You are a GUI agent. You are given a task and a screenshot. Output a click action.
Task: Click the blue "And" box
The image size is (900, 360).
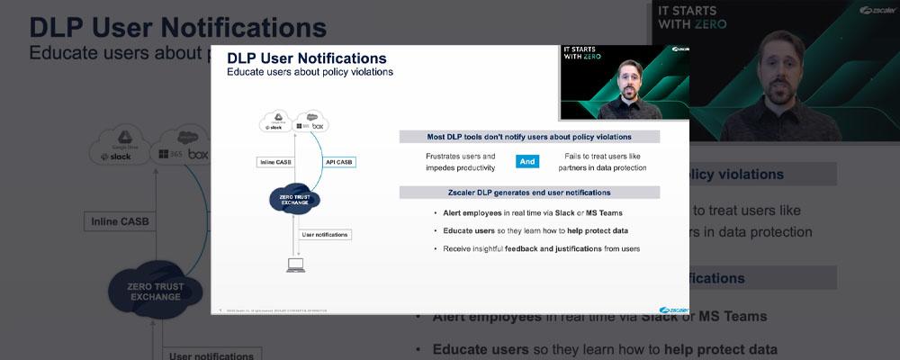pos(526,162)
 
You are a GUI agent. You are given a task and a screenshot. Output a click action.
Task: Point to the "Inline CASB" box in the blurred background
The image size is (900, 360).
pos(120,220)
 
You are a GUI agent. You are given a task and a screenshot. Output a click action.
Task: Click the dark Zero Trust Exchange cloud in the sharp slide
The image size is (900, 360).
pos(295,200)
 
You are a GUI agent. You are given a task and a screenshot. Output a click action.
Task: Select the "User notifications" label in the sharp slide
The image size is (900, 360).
pos(325,234)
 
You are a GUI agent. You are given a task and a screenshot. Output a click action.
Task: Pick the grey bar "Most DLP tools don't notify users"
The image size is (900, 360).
pos(529,137)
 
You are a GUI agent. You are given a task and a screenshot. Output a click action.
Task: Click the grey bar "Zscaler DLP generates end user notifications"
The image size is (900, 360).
pos(529,192)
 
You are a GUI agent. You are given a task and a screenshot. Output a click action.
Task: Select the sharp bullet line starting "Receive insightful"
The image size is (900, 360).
pos(541,248)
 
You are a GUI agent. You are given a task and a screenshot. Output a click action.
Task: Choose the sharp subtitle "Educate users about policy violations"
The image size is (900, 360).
pos(310,72)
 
